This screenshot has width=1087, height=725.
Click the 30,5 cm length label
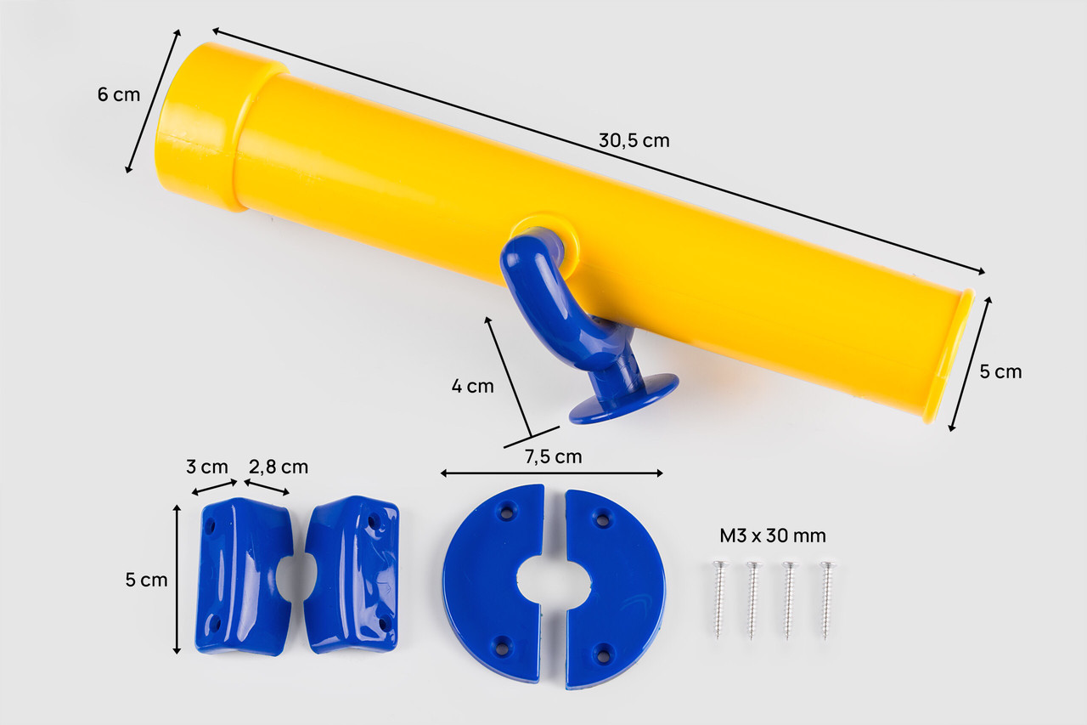coord(634,141)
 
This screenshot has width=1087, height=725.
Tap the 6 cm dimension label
coord(118,94)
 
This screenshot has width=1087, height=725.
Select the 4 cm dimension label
coord(473,387)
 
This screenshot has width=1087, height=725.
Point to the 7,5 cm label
coord(553,457)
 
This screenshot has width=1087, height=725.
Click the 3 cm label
coord(206,467)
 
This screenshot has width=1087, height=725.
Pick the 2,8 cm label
coord(279,467)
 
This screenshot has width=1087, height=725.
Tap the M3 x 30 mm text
coord(773,536)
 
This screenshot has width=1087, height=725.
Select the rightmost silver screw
coord(826,599)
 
